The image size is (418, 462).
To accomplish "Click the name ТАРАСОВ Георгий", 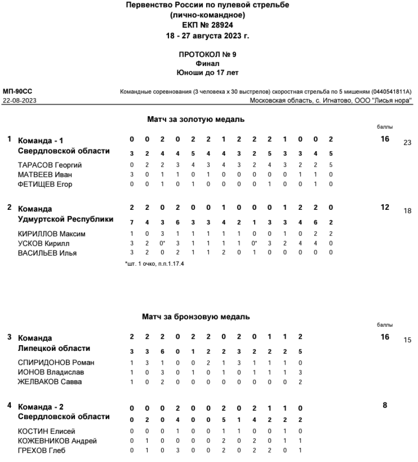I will point(43,165).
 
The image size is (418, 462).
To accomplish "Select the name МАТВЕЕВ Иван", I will point(40,174).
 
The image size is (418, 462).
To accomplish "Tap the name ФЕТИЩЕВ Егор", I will point(40,184).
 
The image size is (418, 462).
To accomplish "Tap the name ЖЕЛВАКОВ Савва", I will point(44,381).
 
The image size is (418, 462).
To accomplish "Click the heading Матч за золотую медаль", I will point(196,120).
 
